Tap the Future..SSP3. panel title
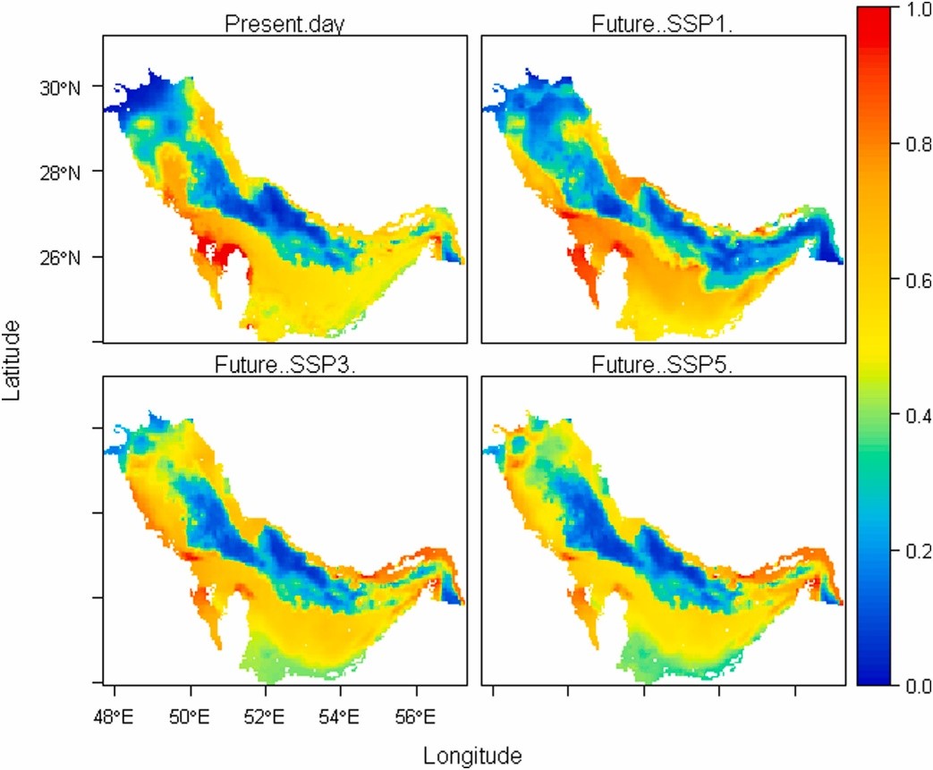(x=284, y=365)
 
